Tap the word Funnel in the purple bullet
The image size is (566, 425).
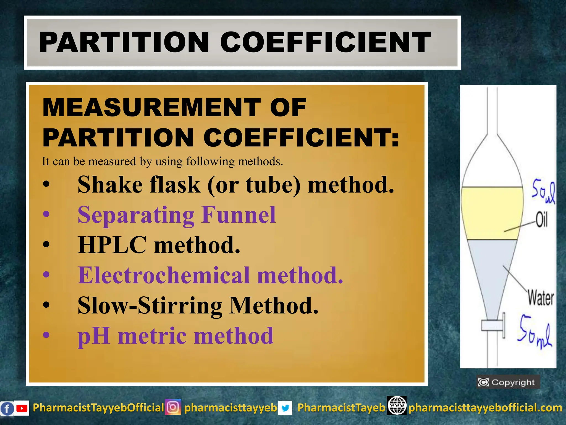[x=239, y=215]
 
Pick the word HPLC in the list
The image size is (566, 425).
[x=112, y=245]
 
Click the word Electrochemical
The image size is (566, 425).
[x=164, y=275]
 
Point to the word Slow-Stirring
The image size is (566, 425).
[x=150, y=306]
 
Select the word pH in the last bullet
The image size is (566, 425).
[x=94, y=336]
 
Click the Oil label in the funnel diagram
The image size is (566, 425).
[x=541, y=220]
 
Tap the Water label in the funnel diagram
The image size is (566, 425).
[x=541, y=298]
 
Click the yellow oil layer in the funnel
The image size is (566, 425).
[x=492, y=213]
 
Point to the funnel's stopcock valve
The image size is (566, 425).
[x=493, y=325]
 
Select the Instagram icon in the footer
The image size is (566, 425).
[x=173, y=407]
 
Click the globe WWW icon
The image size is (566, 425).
[x=397, y=406]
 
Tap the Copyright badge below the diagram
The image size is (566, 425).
[x=508, y=382]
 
